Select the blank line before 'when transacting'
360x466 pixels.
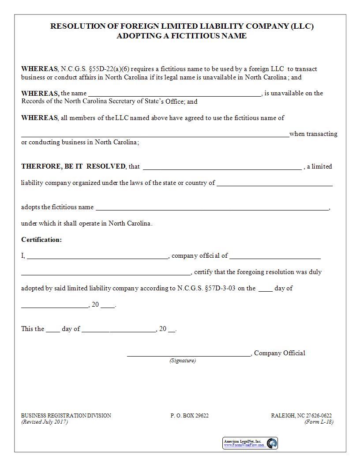click(155, 134)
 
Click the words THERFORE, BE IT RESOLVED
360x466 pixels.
click(73, 166)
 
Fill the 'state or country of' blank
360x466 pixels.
click(274, 183)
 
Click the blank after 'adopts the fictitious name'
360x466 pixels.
click(212, 207)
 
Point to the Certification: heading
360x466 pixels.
click(41, 240)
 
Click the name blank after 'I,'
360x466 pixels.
click(97, 256)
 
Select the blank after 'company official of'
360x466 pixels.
click(275, 256)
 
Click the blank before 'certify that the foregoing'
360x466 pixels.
click(106, 272)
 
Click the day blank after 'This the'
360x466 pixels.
click(52, 329)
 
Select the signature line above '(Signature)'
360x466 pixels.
click(189, 353)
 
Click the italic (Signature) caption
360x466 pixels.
click(183, 361)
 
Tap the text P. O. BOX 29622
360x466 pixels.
click(190, 416)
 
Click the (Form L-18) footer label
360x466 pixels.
click(319, 422)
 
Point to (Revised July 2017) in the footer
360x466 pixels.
click(45, 422)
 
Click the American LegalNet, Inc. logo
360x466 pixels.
click(250, 443)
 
